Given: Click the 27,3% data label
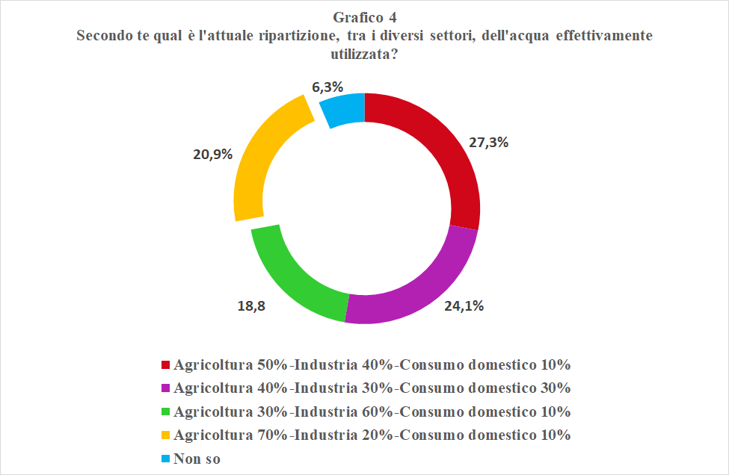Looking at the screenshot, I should (x=488, y=142).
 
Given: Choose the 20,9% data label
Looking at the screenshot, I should (x=213, y=155).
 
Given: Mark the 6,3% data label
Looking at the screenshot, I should (x=327, y=87).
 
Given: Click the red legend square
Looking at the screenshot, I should (x=165, y=365).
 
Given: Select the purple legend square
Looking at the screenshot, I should (x=165, y=388).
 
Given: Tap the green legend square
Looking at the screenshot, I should (x=165, y=412).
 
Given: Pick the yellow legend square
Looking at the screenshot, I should (x=165, y=435).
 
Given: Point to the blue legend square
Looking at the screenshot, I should (x=165, y=458).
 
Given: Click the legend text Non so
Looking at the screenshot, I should (x=197, y=458).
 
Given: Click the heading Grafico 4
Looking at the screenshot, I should (x=365, y=16).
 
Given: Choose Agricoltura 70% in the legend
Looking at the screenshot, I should (x=230, y=435).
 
